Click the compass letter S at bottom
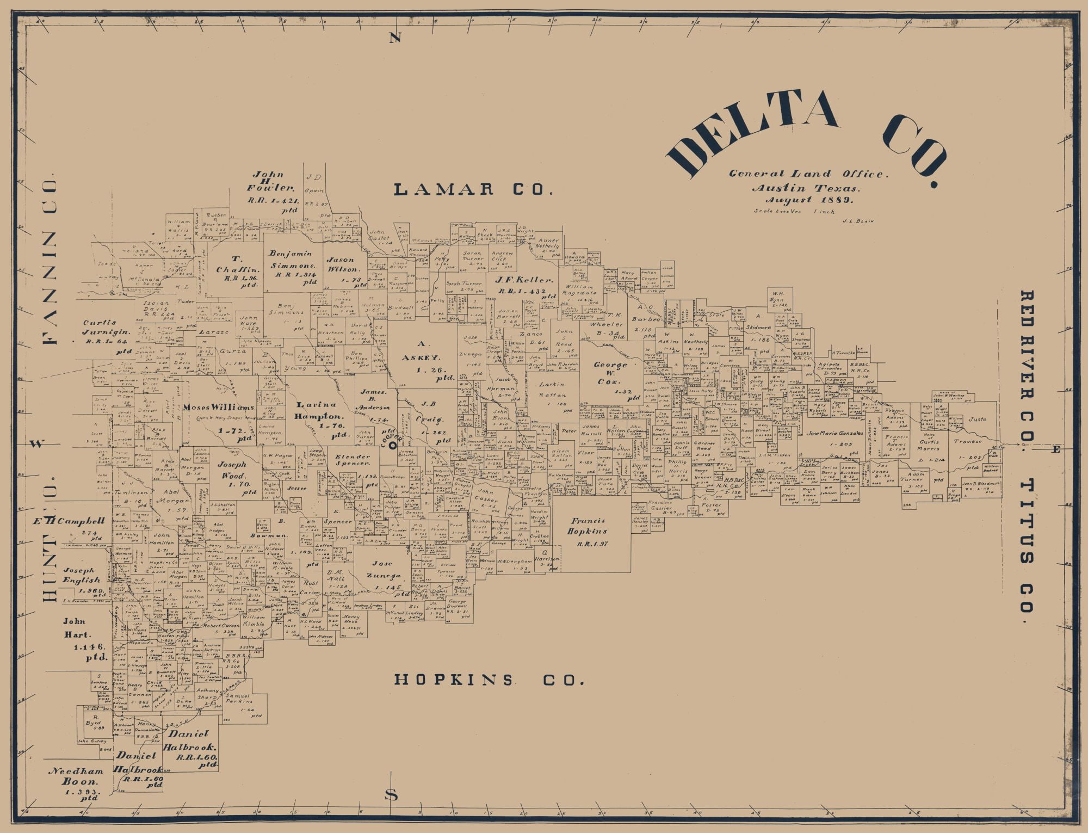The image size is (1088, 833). point(391,795)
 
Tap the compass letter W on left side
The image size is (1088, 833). point(36,443)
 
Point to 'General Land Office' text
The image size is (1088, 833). point(808,174)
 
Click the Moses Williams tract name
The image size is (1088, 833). point(219,408)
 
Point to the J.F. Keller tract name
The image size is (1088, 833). point(524,280)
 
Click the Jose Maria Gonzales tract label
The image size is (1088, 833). point(834,434)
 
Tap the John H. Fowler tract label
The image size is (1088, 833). point(270,181)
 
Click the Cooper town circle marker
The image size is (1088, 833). point(392,445)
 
